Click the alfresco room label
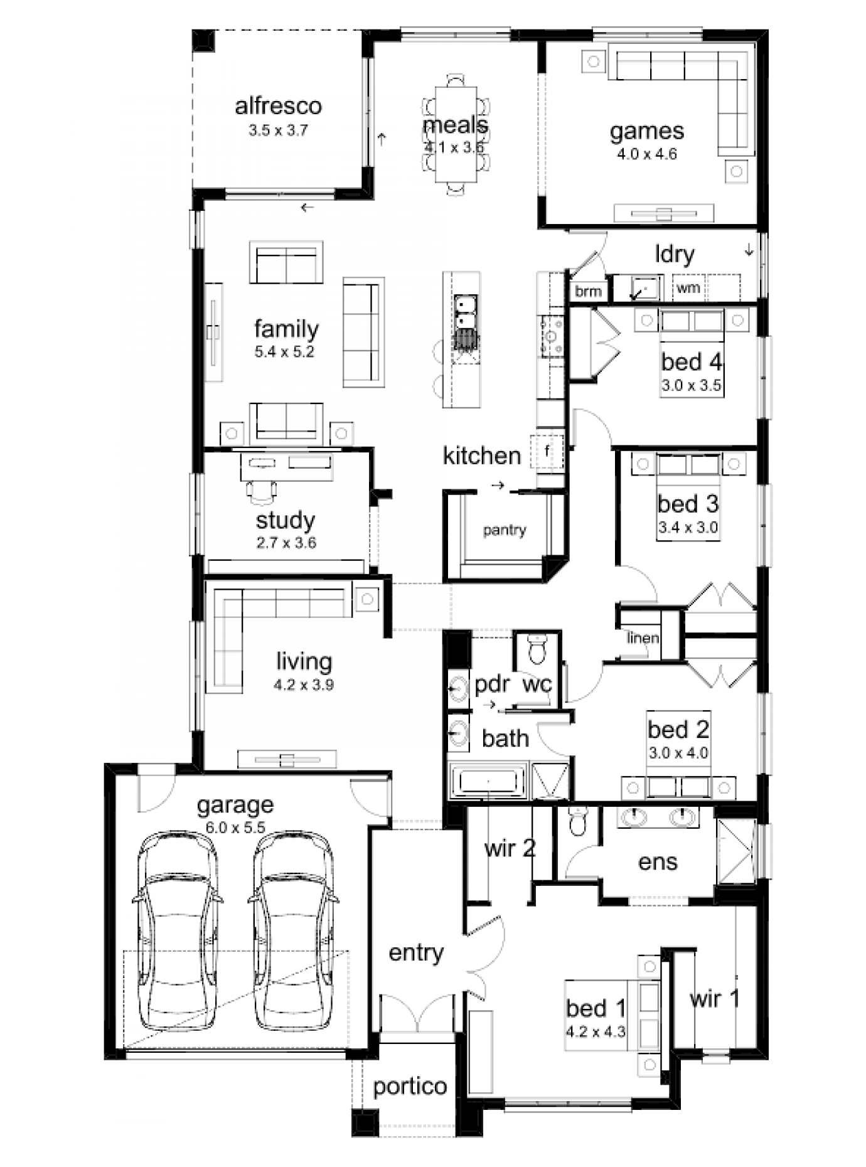point(278,105)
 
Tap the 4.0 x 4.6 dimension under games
point(646,154)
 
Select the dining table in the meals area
point(456,134)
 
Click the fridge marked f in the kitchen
point(547,450)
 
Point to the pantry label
point(505,530)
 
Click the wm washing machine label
point(688,289)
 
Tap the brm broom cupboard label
point(588,291)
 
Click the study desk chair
point(261,490)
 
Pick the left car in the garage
point(176,932)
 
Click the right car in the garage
point(293,932)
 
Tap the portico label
point(410,1086)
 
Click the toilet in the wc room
point(537,649)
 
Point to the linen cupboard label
point(643,638)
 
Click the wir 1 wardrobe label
point(714,998)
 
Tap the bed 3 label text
point(688,504)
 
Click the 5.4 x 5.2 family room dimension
point(284,352)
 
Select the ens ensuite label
point(658,862)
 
